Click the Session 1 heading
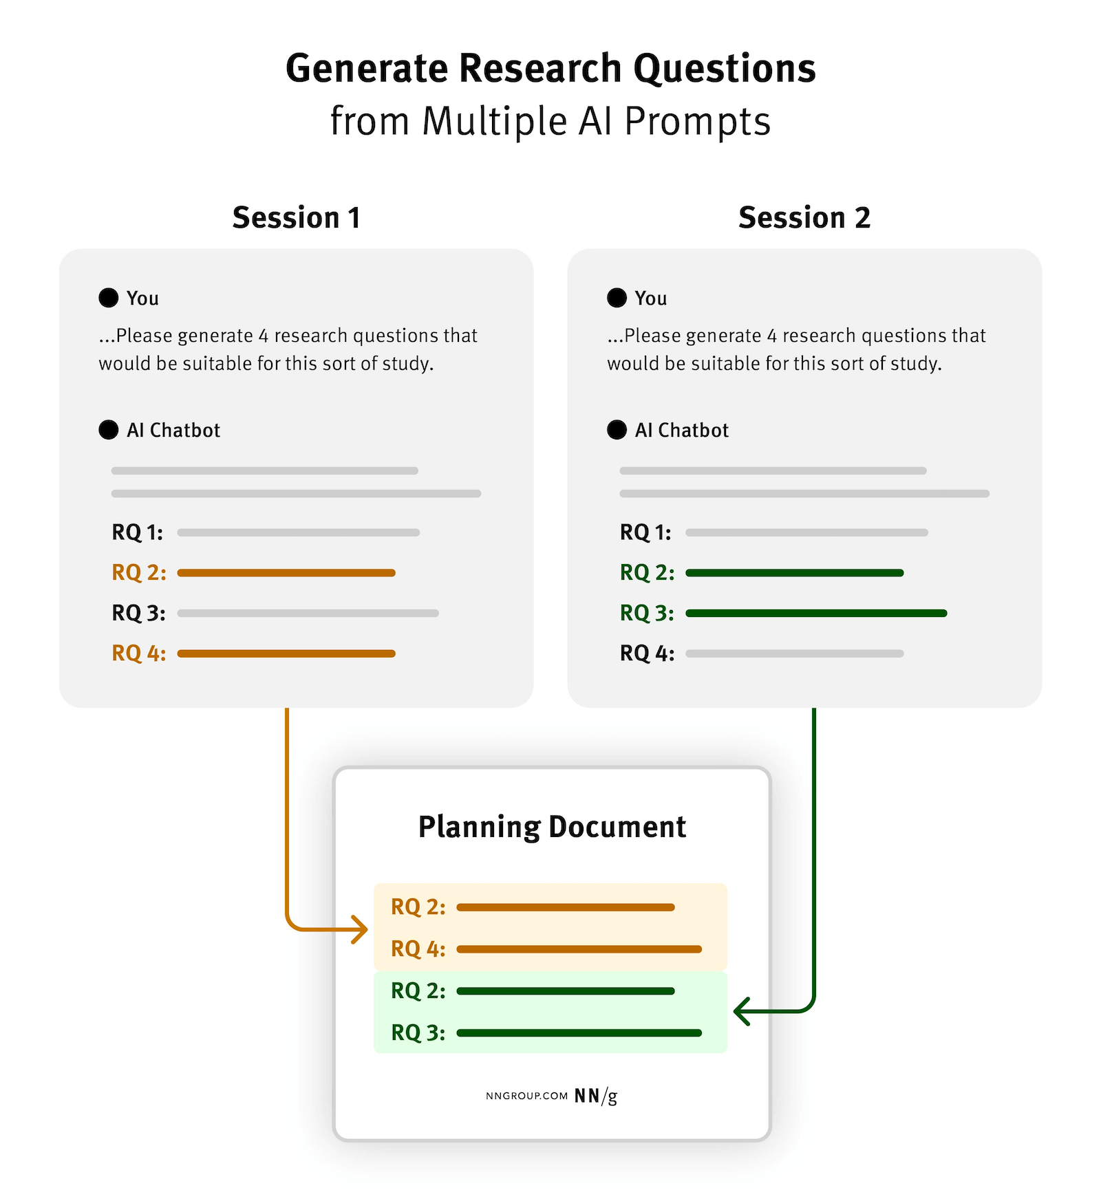296,218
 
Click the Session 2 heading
804,218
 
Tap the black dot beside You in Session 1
109,298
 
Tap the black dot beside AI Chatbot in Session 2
617,430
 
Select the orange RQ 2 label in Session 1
138,572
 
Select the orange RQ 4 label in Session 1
138,653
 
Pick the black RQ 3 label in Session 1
138,613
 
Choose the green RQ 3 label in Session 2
647,613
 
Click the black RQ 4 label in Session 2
647,653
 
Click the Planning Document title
552,827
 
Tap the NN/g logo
595,1096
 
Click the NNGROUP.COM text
526,1096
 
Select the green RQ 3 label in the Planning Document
418,1032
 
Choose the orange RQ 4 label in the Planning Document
418,949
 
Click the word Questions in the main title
724,69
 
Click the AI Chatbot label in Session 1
173,430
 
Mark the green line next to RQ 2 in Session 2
794,573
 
